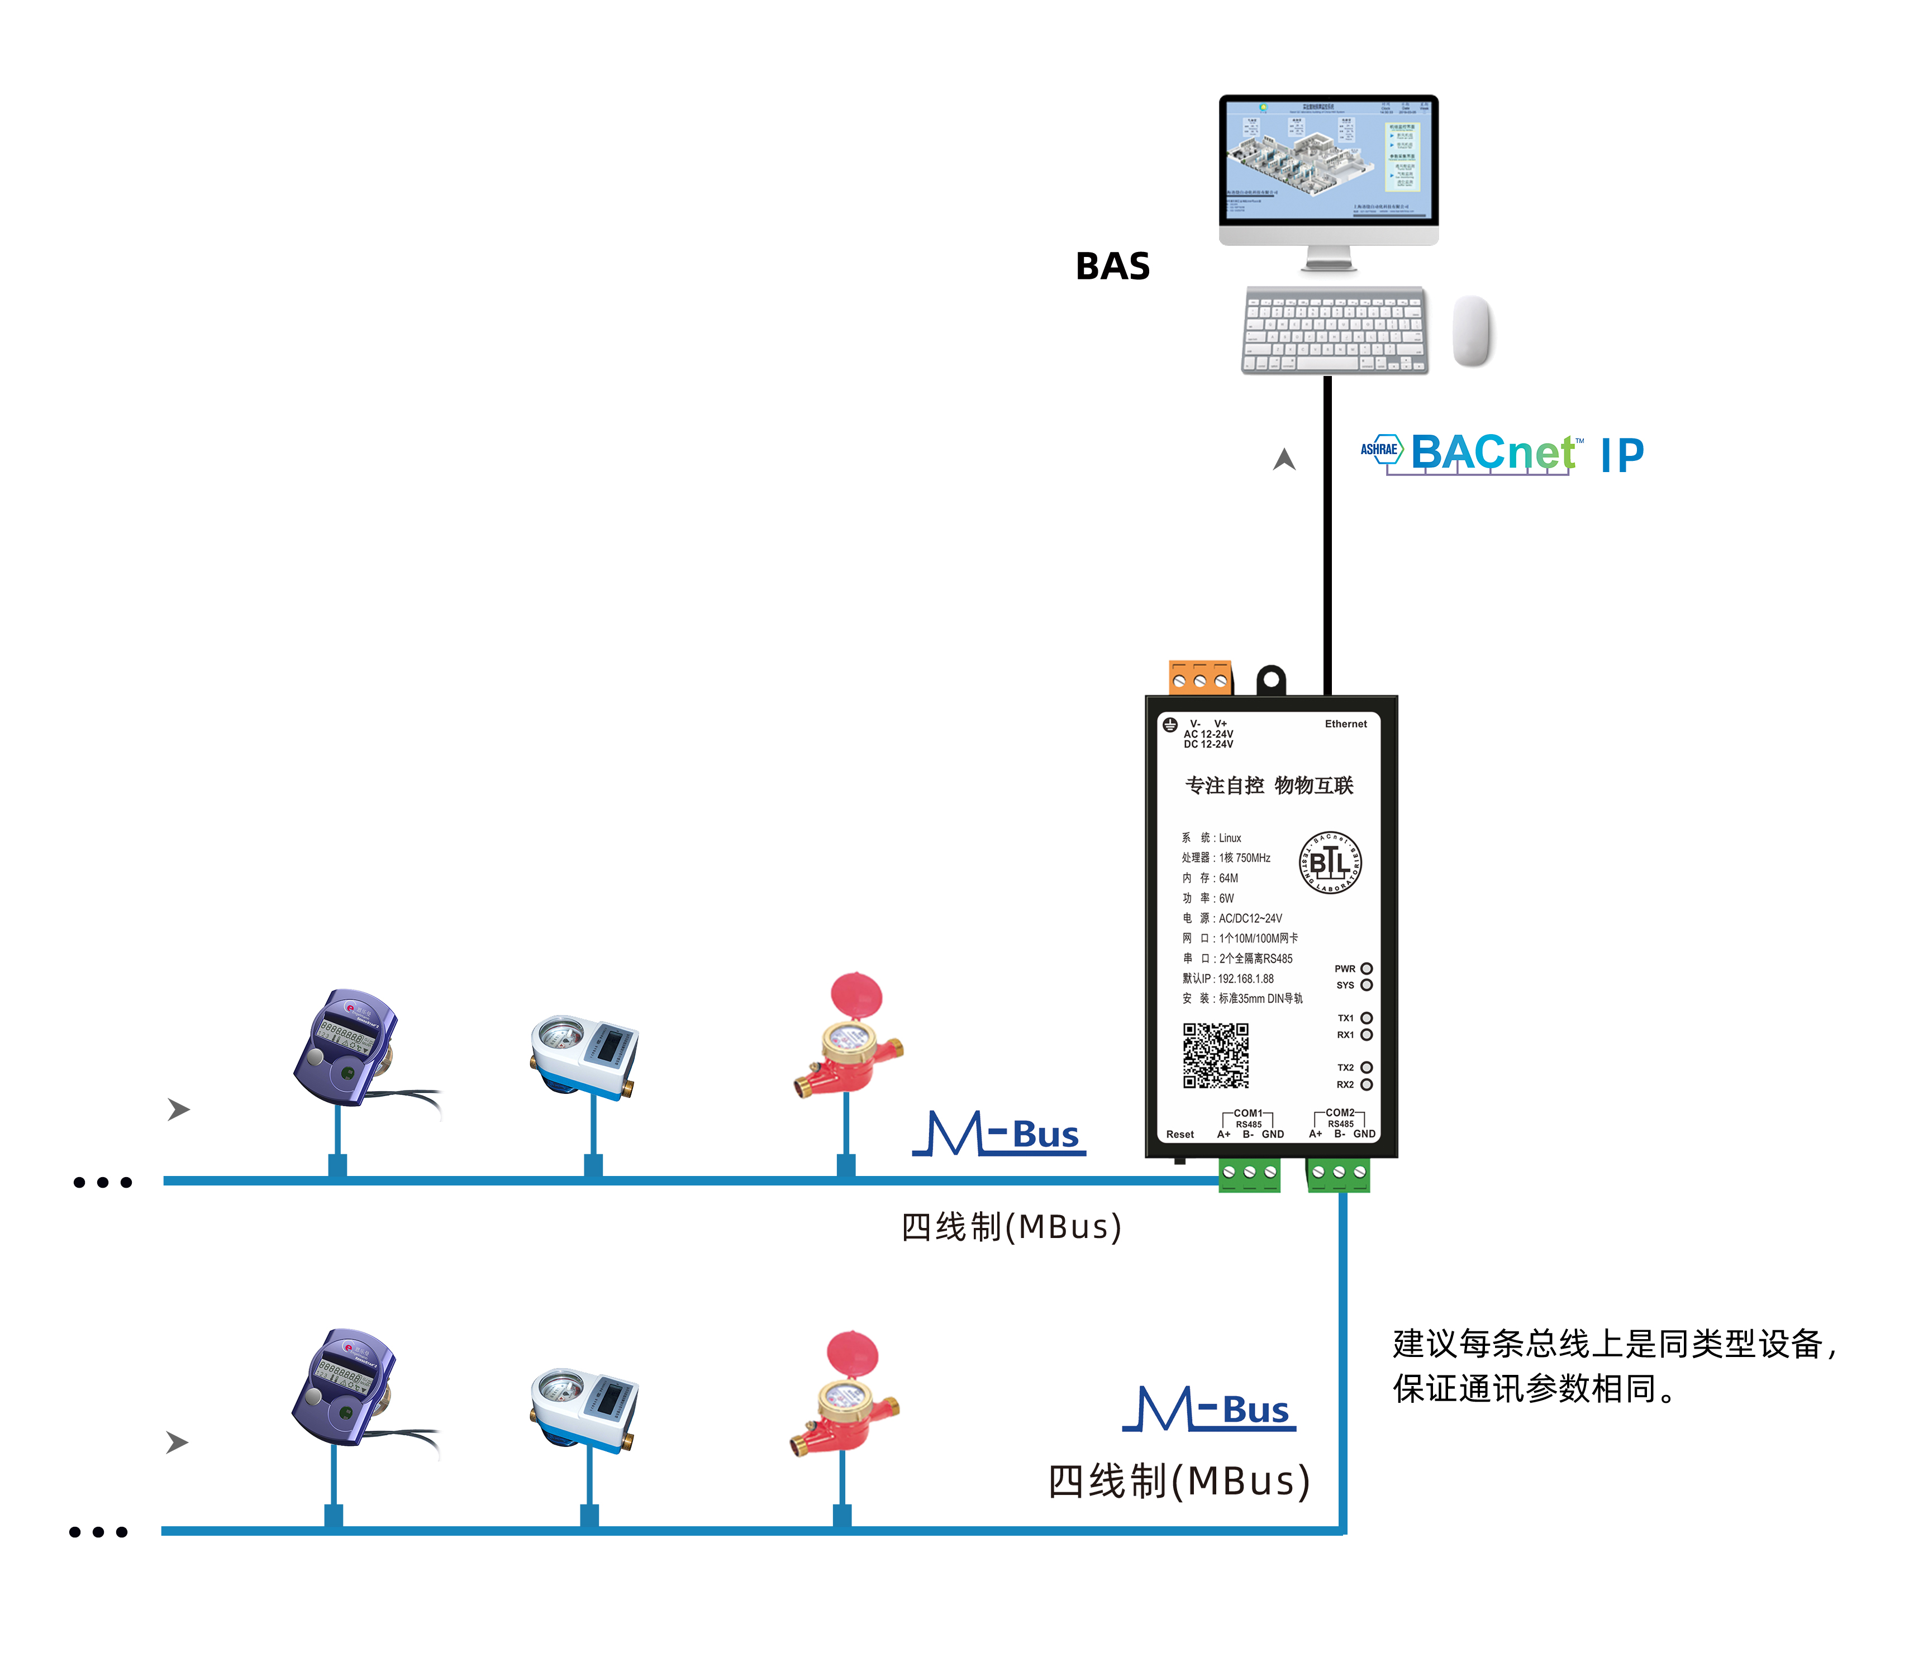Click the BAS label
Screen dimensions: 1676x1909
click(1112, 267)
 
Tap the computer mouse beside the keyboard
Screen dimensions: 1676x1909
click(1472, 331)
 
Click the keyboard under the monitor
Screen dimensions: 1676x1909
click(1334, 331)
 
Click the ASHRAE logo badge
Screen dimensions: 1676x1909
click(1380, 450)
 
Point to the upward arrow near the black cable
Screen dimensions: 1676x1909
click(1284, 459)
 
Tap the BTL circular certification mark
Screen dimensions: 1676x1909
click(1330, 862)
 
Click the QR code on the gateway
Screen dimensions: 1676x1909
click(1216, 1055)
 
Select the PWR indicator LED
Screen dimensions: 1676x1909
click(1367, 968)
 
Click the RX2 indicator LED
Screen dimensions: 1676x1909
click(1367, 1084)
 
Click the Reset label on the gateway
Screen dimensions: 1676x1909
click(1179, 1135)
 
